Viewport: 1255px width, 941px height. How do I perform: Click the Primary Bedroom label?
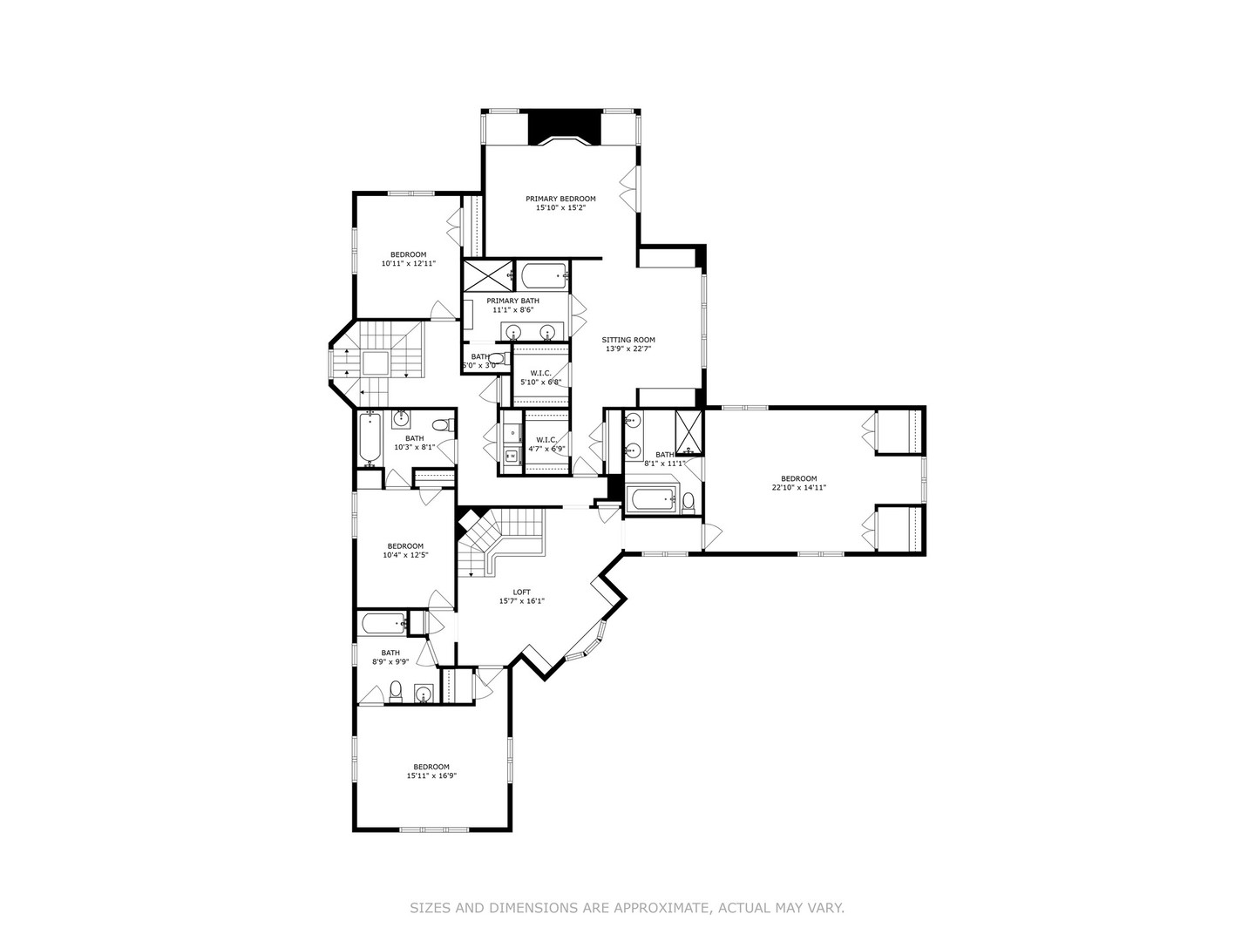point(560,199)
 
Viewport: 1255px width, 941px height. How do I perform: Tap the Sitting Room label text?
point(628,340)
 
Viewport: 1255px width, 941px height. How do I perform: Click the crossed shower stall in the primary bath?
point(486,276)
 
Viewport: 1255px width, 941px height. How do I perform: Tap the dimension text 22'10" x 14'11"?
point(798,488)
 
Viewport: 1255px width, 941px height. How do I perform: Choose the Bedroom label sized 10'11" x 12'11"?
point(408,254)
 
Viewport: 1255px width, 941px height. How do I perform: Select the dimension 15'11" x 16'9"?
point(431,776)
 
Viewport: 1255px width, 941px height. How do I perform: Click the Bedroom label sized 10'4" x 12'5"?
point(405,546)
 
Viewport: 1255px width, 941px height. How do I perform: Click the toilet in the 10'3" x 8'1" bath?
point(443,426)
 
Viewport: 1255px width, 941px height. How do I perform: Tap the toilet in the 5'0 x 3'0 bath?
point(496,358)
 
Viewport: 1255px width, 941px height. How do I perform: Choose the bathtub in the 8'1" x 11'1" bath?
point(652,500)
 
